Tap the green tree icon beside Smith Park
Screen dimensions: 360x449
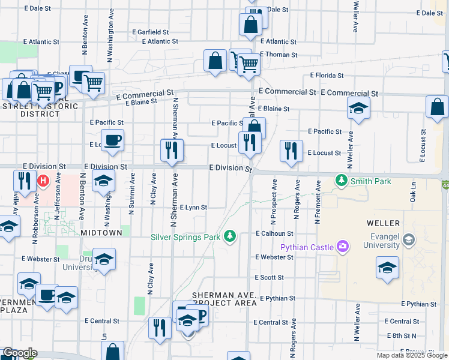[x=342, y=180]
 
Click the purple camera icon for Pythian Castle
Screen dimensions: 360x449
[x=343, y=246]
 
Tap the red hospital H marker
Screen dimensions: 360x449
[x=43, y=180]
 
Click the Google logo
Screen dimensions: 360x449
[x=20, y=353]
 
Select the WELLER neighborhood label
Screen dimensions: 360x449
[x=383, y=223]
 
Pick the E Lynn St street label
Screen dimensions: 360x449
[x=193, y=208]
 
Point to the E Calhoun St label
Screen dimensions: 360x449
[x=274, y=233]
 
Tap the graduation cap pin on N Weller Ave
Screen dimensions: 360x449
[x=358, y=108]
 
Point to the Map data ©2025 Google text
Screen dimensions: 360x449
[x=411, y=355]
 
